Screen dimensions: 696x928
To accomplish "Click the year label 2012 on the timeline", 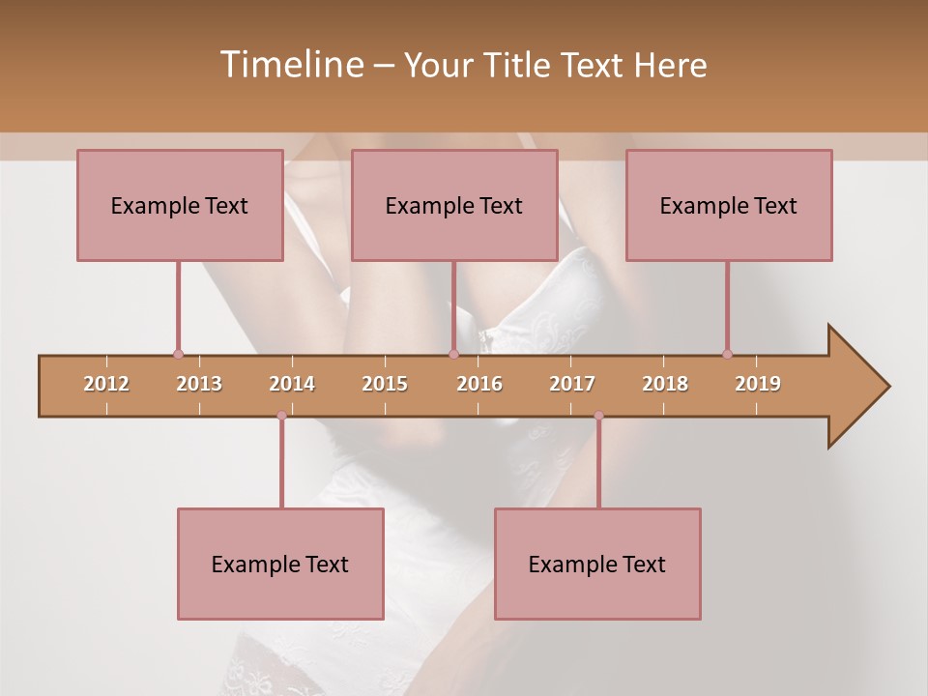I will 106,384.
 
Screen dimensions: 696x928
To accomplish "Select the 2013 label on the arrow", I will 199,384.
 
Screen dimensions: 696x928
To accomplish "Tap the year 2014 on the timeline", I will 292,384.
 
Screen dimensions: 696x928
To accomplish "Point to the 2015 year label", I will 385,384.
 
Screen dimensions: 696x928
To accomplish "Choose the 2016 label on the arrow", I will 479,384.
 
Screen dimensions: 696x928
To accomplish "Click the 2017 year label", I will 572,384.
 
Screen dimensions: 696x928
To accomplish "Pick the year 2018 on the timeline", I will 665,384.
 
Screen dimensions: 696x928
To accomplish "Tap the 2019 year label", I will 758,384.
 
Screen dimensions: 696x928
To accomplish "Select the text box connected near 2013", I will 180,205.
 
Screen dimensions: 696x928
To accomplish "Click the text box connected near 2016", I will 454,205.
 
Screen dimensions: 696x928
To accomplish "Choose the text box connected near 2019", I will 729,205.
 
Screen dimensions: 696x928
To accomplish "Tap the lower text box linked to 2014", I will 280,564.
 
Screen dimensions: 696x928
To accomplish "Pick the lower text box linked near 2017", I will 597,564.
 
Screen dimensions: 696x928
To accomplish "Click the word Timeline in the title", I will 289,65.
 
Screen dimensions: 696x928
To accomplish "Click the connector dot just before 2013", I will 178,354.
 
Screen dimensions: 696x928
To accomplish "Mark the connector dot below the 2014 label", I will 281,416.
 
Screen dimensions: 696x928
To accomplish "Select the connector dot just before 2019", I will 727,354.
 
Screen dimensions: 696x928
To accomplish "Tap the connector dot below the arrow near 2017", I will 598,416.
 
